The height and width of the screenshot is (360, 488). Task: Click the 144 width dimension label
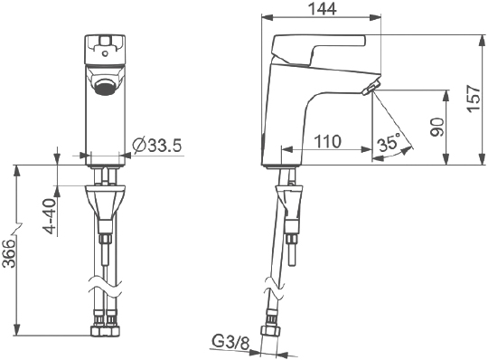pyautogui.click(x=322, y=9)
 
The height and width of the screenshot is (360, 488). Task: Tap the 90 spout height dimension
pyautogui.click(x=436, y=127)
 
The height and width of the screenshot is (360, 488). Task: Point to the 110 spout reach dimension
pyautogui.click(x=327, y=141)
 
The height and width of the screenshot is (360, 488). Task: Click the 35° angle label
pyautogui.click(x=389, y=143)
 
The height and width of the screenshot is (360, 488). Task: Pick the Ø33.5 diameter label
pyautogui.click(x=156, y=145)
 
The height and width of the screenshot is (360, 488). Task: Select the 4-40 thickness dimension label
pyautogui.click(x=50, y=216)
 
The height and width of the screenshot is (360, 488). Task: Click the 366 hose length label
pyautogui.click(x=8, y=253)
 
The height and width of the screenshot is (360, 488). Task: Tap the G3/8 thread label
pyautogui.click(x=231, y=342)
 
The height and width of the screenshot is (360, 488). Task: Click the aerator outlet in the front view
pyautogui.click(x=105, y=87)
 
